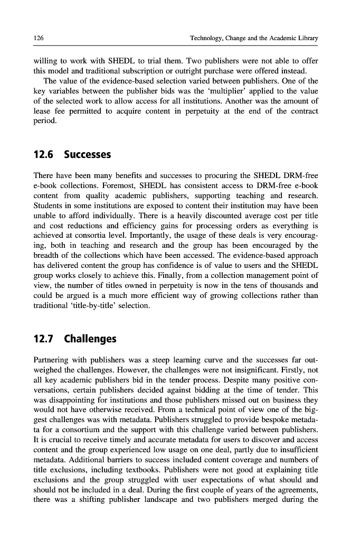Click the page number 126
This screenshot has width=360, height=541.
(38, 38)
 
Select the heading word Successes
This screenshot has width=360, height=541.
(88, 155)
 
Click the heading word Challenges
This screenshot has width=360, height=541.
(90, 338)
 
